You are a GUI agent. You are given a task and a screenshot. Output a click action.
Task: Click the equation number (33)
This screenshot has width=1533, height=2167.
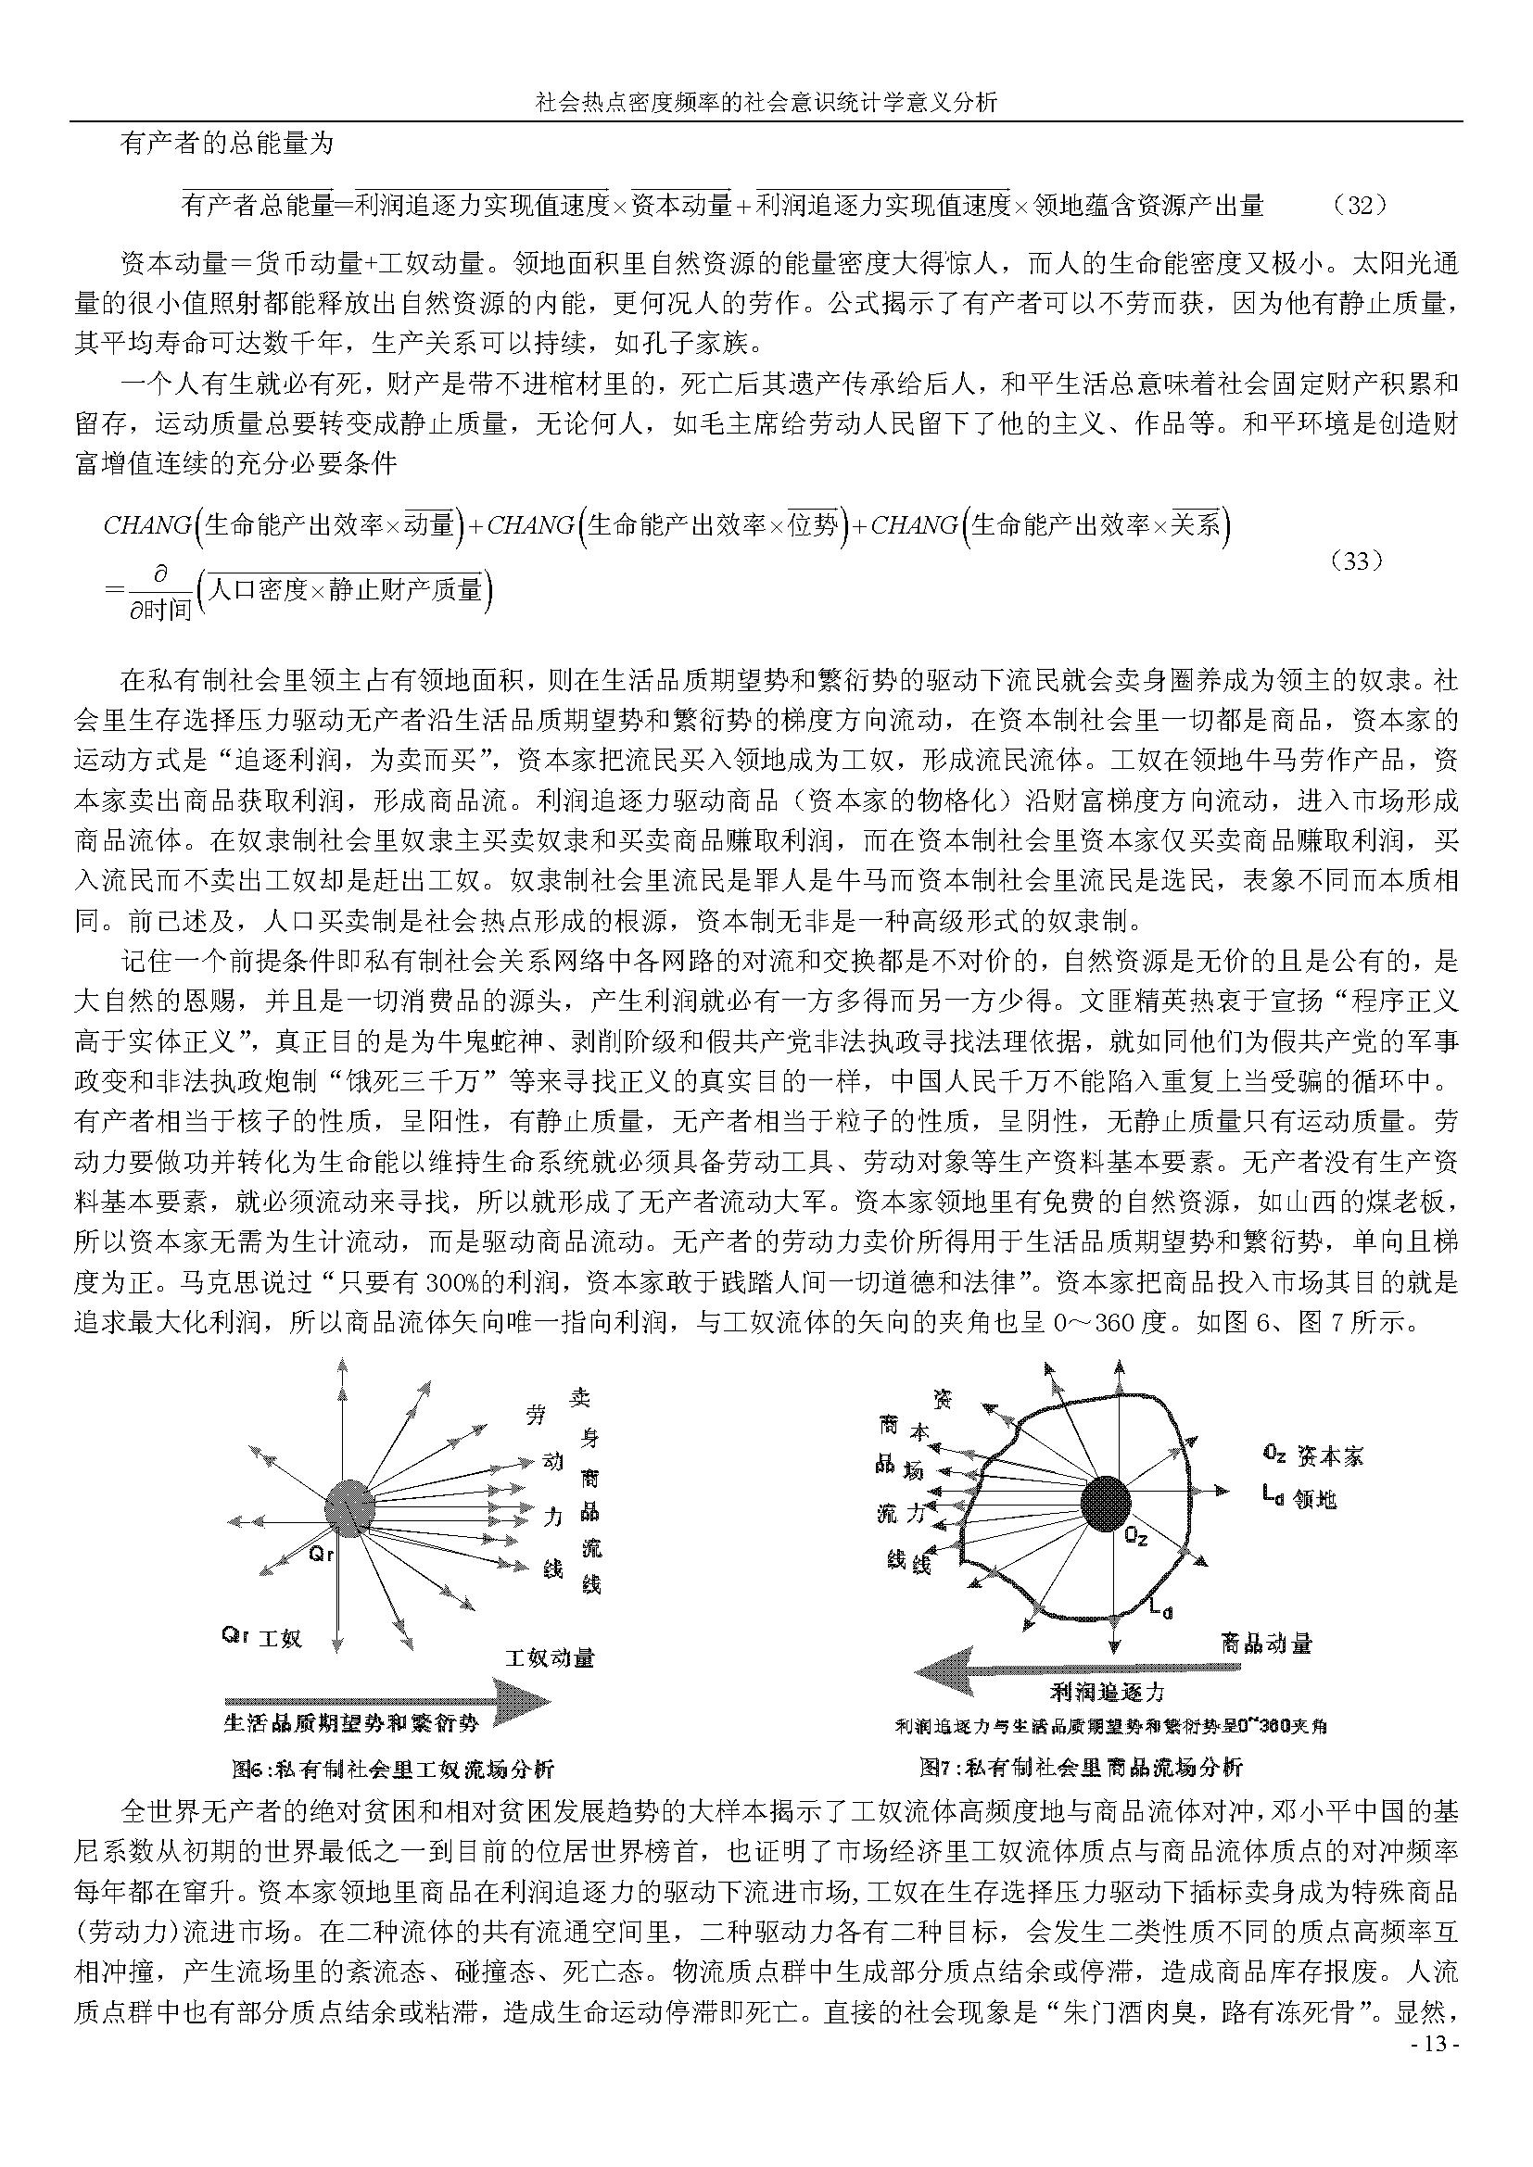pyautogui.click(x=1356, y=561)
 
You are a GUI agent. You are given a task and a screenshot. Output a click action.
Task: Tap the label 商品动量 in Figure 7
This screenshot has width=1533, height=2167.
pyautogui.click(x=1266, y=1644)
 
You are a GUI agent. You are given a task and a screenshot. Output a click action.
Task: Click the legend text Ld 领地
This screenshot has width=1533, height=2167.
pyautogui.click(x=1299, y=1498)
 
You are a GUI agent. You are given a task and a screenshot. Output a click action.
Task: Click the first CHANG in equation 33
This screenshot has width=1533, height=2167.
pyautogui.click(x=146, y=525)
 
